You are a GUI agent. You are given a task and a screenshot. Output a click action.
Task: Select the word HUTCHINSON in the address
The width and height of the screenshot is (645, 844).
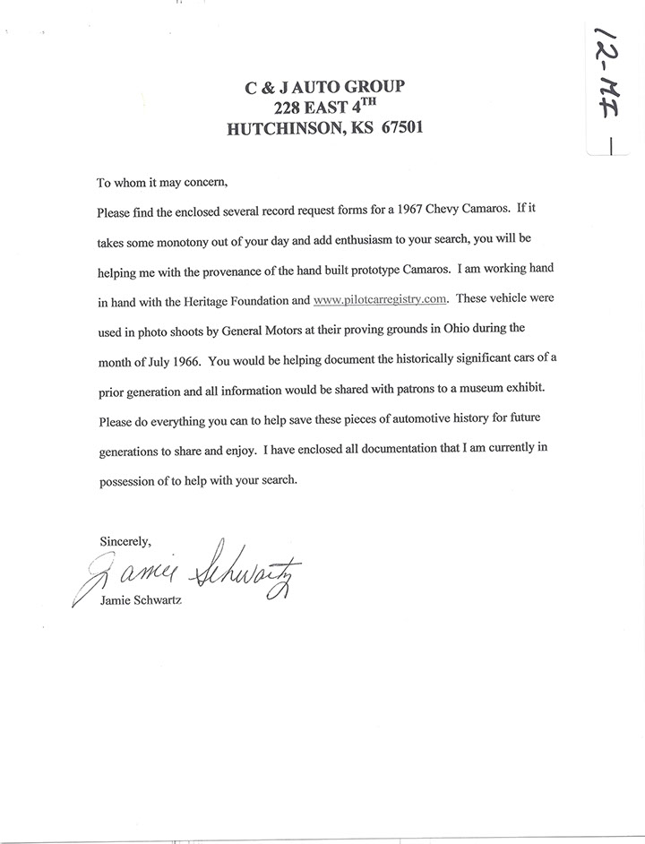click(283, 128)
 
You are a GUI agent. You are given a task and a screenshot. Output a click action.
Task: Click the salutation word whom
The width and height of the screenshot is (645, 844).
click(132, 183)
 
